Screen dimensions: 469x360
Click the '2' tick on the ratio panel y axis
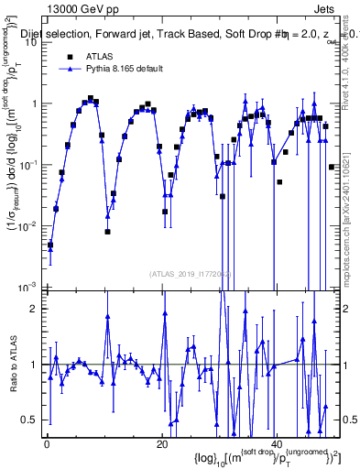click(36, 309)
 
